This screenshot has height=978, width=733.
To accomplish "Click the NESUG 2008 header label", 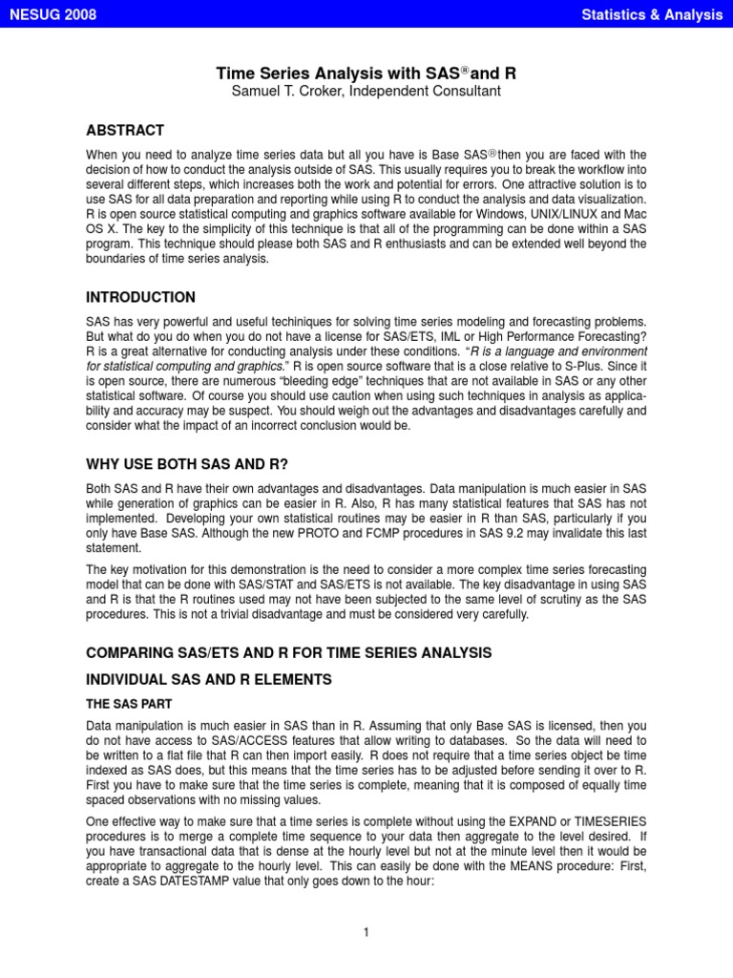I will [52, 13].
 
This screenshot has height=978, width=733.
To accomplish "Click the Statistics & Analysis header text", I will [652, 13].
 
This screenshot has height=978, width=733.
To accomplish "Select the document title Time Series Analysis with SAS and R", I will [366, 73].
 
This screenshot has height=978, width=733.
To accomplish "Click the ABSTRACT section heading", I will [124, 131].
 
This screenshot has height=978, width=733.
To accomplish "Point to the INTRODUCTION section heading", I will [140, 298].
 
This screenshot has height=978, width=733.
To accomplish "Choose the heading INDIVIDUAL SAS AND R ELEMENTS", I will [208, 680].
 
